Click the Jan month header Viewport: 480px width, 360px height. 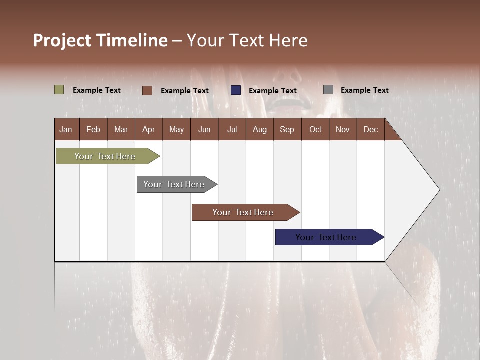pos(66,129)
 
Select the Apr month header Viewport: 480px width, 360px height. pos(148,129)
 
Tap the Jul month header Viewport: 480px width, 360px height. pos(232,129)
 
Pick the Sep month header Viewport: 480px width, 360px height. pos(287,129)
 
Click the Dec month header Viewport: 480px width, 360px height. pos(370,129)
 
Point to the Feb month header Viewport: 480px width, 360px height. pos(93,129)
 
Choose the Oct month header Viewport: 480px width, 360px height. pos(315,129)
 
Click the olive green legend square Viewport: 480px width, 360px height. pos(59,90)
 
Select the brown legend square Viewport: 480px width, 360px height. pos(147,90)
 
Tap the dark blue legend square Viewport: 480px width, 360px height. pos(236,90)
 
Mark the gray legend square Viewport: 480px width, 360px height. pos(328,90)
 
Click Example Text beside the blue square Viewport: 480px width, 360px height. pos(273,91)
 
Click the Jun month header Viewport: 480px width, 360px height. pos(204,129)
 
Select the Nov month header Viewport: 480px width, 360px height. pos(343,129)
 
